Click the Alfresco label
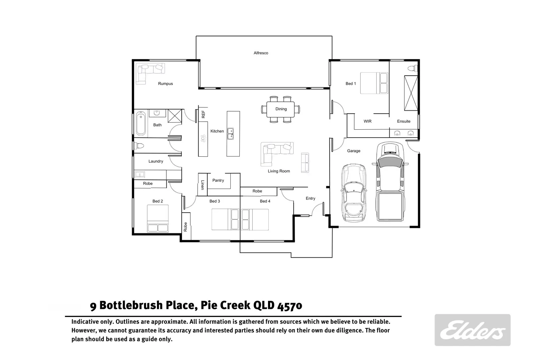[261, 53]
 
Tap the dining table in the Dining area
[280, 109]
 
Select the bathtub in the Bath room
[141, 124]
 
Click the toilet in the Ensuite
[413, 69]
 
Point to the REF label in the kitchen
[203, 114]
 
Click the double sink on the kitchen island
[230, 134]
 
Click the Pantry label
[218, 180]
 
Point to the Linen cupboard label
[202, 185]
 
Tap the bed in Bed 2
[158, 218]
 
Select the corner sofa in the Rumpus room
[147, 71]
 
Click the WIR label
[367, 121]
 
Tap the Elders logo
[472, 330]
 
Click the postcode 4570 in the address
[290, 305]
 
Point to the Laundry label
[156, 161]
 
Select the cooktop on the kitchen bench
[203, 138]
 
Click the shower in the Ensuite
[411, 93]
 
